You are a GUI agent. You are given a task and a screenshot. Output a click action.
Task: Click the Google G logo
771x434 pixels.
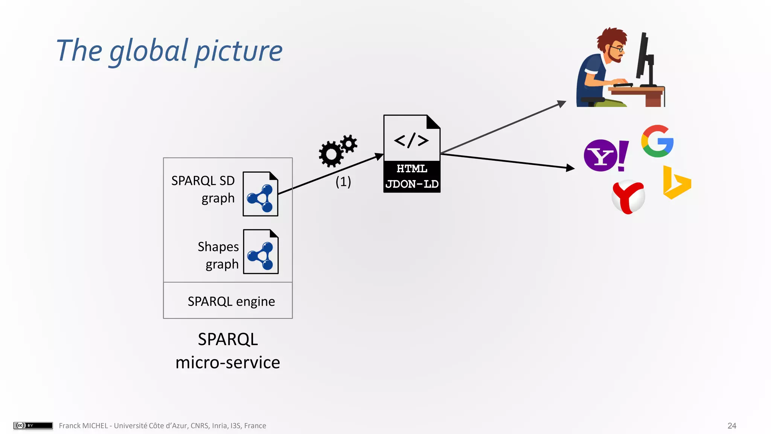657,141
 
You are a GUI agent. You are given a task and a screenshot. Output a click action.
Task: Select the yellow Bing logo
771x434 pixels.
676,183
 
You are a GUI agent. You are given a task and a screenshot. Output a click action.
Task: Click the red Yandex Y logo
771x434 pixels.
628,197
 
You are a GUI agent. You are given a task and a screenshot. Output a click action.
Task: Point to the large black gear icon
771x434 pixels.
331,154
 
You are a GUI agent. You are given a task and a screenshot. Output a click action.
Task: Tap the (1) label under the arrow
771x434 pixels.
343,182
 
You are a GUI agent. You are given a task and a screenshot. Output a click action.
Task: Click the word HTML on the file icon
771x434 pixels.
412,168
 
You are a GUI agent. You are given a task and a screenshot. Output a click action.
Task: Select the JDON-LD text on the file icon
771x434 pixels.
412,184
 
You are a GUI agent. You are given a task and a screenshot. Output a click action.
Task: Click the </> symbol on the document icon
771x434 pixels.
411,141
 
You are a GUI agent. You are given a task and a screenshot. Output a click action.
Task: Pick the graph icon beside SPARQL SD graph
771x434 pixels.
260,194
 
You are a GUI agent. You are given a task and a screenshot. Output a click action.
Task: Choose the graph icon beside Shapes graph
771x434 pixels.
261,252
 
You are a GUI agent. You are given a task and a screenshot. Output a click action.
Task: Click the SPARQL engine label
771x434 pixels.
231,301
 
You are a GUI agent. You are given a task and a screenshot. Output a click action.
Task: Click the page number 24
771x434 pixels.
731,426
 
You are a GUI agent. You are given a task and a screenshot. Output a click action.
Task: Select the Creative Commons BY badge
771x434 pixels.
33,425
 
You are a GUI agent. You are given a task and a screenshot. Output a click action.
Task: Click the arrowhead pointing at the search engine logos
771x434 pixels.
570,168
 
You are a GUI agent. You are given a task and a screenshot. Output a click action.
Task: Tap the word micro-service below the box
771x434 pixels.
228,362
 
